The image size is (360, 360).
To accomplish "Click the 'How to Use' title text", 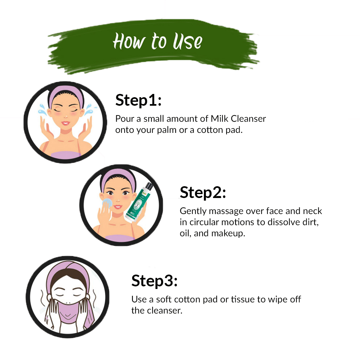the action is (x=157, y=41).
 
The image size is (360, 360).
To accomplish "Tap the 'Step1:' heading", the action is (x=138, y=100).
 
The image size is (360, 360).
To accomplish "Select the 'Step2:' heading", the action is (x=203, y=192).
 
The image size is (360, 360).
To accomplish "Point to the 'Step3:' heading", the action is (x=154, y=280).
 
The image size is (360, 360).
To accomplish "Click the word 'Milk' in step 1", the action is (x=220, y=119).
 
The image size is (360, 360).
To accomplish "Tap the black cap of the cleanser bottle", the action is (x=149, y=186).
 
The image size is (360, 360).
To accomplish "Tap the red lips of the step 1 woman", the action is (x=65, y=123).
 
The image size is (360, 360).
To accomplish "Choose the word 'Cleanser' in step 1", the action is (x=248, y=119).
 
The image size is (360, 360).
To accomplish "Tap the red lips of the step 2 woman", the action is (x=118, y=207).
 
